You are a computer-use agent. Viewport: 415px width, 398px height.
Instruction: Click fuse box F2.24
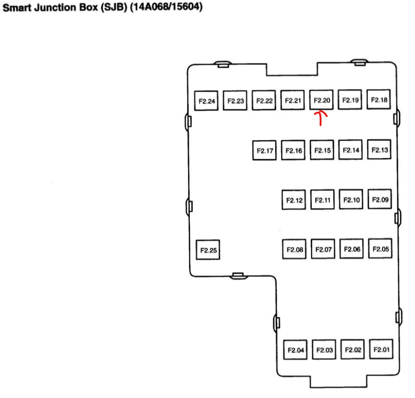pos(207,101)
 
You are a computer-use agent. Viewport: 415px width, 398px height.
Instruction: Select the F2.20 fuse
pos(321,100)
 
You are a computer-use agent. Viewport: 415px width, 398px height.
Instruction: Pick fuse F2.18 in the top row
pos(379,100)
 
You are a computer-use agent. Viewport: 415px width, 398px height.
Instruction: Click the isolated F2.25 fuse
pos(208,250)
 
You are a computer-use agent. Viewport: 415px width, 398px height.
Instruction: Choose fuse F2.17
pos(265,151)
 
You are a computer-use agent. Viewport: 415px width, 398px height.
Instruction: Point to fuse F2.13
pos(379,150)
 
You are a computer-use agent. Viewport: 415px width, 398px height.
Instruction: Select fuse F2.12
pos(294,200)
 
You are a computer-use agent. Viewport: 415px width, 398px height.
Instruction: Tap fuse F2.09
pos(379,200)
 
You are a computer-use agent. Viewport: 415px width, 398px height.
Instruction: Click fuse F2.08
pos(294,249)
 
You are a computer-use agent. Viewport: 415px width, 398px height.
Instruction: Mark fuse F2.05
pos(380,249)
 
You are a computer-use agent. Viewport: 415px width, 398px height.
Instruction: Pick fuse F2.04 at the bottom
pos(295,350)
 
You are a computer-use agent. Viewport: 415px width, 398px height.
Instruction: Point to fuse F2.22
pos(264,101)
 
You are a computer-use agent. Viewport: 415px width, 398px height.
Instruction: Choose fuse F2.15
pos(322,150)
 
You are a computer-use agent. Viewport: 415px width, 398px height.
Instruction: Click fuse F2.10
pos(351,200)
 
